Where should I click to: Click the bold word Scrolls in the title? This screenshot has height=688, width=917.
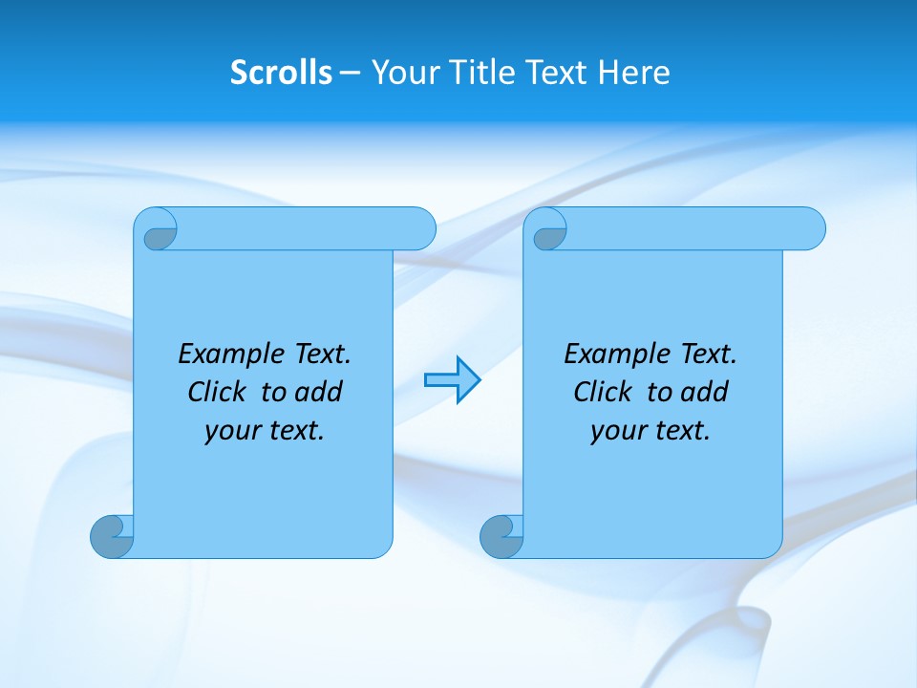pos(281,73)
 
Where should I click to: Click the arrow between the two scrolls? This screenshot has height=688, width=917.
pos(452,379)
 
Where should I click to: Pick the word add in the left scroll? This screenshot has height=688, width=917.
pos(318,392)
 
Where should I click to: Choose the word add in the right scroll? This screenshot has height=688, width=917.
pos(704,392)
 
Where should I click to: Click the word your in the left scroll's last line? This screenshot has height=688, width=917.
pos(231,432)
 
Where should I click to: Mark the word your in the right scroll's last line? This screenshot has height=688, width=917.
pos(617,432)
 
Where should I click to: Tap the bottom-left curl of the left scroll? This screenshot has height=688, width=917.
pos(112,536)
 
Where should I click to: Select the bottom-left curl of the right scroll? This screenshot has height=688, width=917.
pos(501,536)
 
